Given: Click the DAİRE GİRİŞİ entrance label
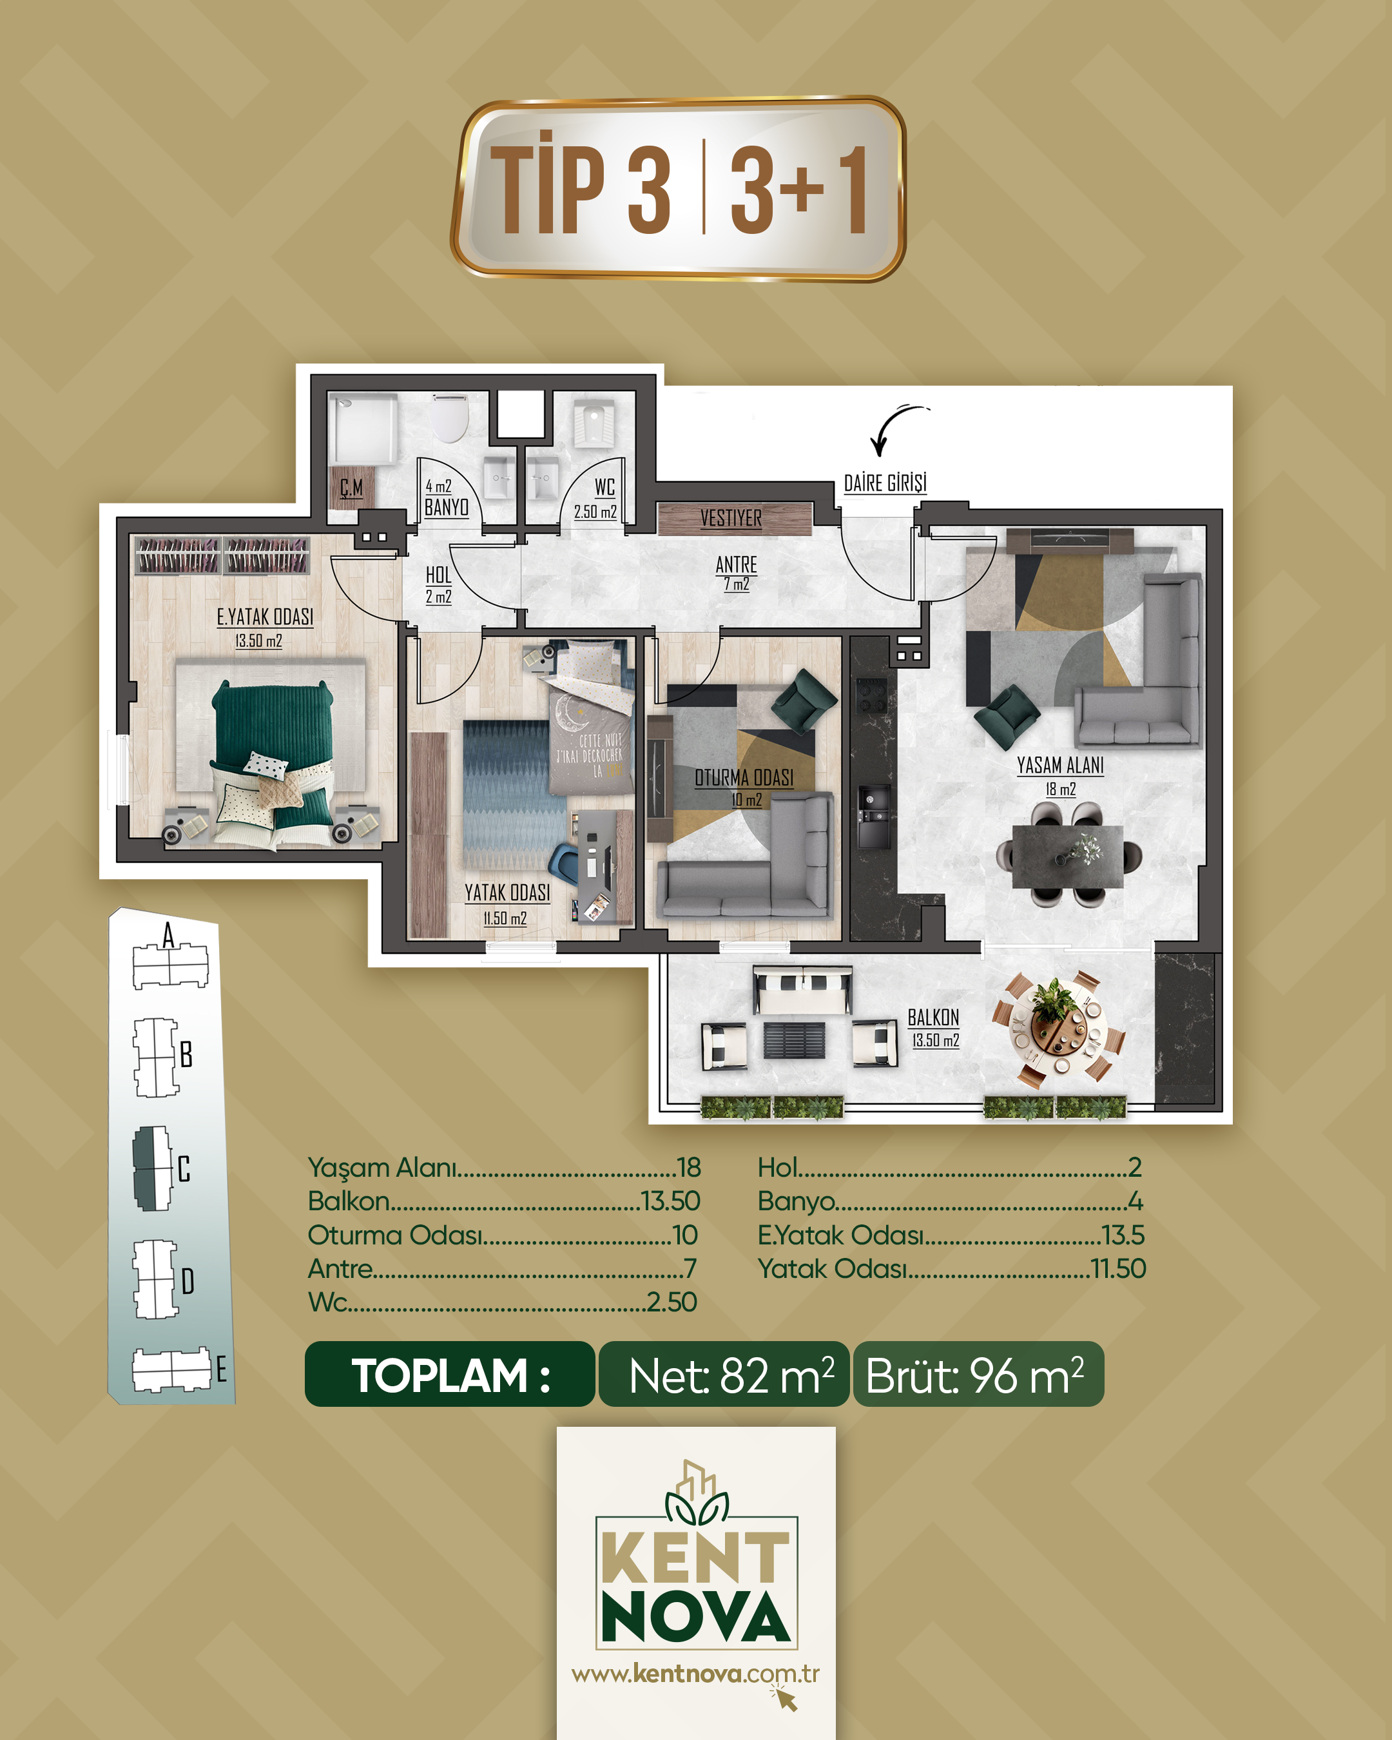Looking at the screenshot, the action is coord(885,483).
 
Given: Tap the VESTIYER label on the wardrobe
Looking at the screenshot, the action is coord(730,518).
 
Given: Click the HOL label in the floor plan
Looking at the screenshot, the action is coord(438,575).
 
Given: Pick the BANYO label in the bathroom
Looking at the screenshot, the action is coord(446,508).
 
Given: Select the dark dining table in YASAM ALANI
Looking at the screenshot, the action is coord(1068,855).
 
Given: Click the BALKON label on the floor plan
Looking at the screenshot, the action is coord(934,1018).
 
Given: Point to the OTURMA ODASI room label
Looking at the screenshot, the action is coord(744,778).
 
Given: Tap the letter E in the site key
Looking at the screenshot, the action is coord(221,1369).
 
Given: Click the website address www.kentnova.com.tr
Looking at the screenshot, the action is coord(695,1674).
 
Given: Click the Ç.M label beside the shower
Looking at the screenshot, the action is coord(351,487).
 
